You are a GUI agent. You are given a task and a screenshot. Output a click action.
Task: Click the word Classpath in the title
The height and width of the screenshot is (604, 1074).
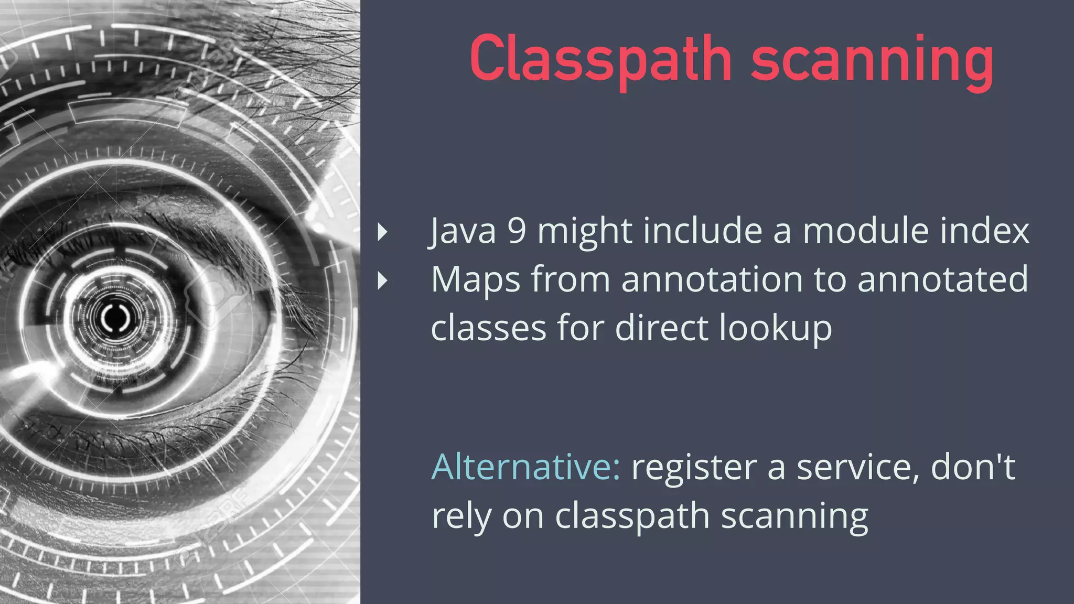coord(600,59)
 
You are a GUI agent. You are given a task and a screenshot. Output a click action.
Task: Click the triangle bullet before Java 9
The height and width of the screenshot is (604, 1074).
coord(383,232)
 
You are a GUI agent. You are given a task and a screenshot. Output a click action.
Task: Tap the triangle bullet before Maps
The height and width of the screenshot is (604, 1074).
coord(383,281)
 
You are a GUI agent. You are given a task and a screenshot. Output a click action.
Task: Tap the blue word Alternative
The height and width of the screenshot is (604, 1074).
coord(525,467)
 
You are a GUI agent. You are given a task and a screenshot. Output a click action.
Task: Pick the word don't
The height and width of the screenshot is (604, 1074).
coord(973,467)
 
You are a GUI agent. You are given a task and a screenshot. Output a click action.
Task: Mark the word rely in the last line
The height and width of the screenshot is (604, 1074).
coord(461,516)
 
